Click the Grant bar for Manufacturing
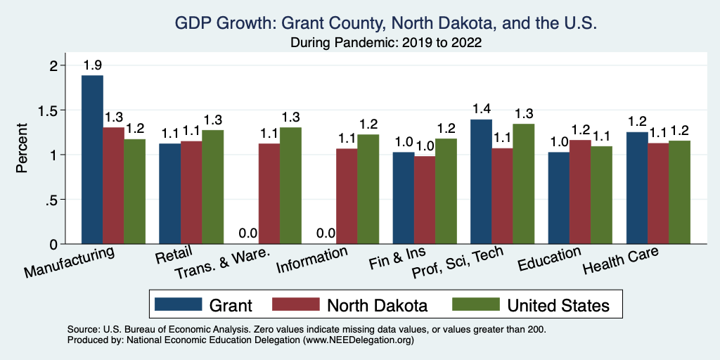click(x=92, y=160)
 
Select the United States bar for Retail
click(x=212, y=187)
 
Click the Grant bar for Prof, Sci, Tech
click(x=481, y=181)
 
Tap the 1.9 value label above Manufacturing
click(x=92, y=65)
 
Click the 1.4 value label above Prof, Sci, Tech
click(x=481, y=109)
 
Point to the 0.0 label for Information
click(x=326, y=233)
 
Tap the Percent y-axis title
click(x=22, y=149)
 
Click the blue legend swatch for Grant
click(x=177, y=304)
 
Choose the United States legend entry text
click(x=558, y=305)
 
